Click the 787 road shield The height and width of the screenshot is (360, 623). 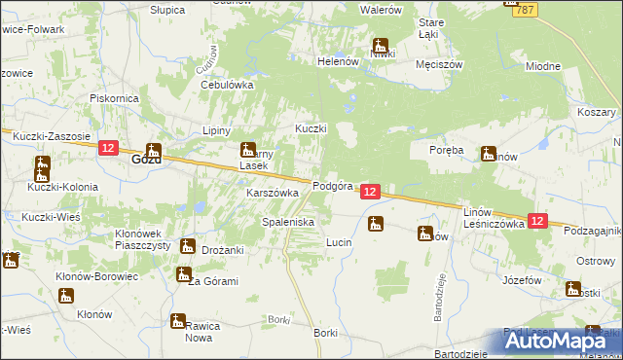(x=524, y=9)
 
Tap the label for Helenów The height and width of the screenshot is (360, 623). (x=339, y=60)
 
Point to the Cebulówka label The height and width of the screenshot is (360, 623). (x=227, y=85)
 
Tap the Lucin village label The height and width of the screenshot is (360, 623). (x=338, y=241)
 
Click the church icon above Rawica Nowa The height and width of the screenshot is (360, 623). (x=178, y=320)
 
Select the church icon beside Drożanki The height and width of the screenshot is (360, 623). (x=187, y=246)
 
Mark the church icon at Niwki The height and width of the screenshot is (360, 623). (x=380, y=45)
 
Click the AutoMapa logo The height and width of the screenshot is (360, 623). (x=562, y=340)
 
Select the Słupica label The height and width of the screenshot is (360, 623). (x=167, y=8)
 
